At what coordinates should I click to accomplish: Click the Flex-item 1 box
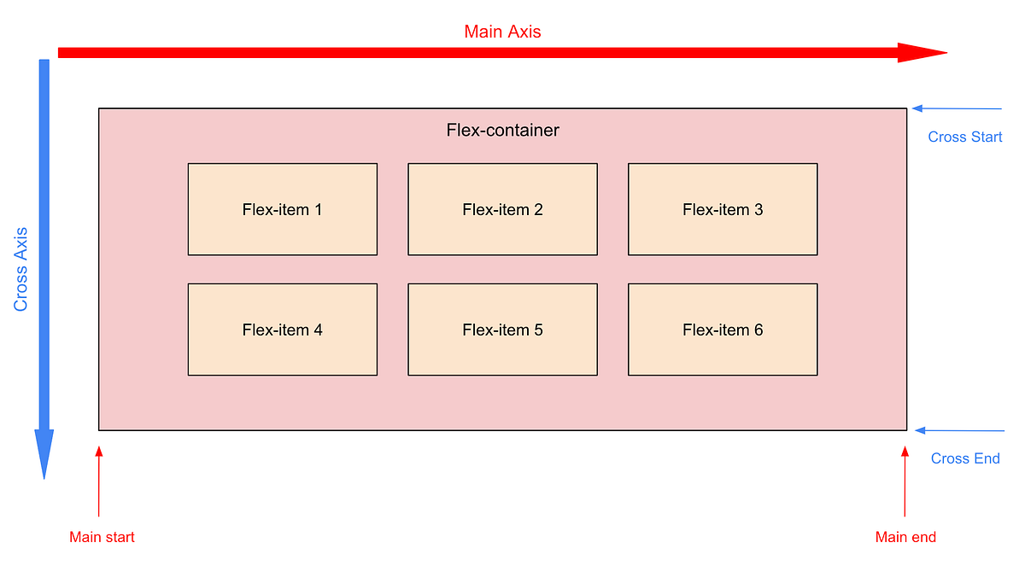(282, 209)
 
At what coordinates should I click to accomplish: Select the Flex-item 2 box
(502, 209)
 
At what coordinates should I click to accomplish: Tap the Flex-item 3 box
(723, 209)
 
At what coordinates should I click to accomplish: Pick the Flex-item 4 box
(282, 330)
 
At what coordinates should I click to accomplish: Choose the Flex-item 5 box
(502, 330)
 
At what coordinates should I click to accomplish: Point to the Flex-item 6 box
(723, 330)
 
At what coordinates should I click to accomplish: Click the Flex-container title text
(502, 131)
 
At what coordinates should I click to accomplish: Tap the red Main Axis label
(502, 32)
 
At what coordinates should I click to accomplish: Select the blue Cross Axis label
(21, 269)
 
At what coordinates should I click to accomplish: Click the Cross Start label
(965, 137)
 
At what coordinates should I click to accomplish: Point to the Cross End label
(965, 459)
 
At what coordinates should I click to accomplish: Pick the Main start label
(102, 538)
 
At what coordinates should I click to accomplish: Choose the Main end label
(905, 538)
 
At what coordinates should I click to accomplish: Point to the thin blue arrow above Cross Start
(957, 109)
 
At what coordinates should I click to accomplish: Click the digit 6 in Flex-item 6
(758, 330)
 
